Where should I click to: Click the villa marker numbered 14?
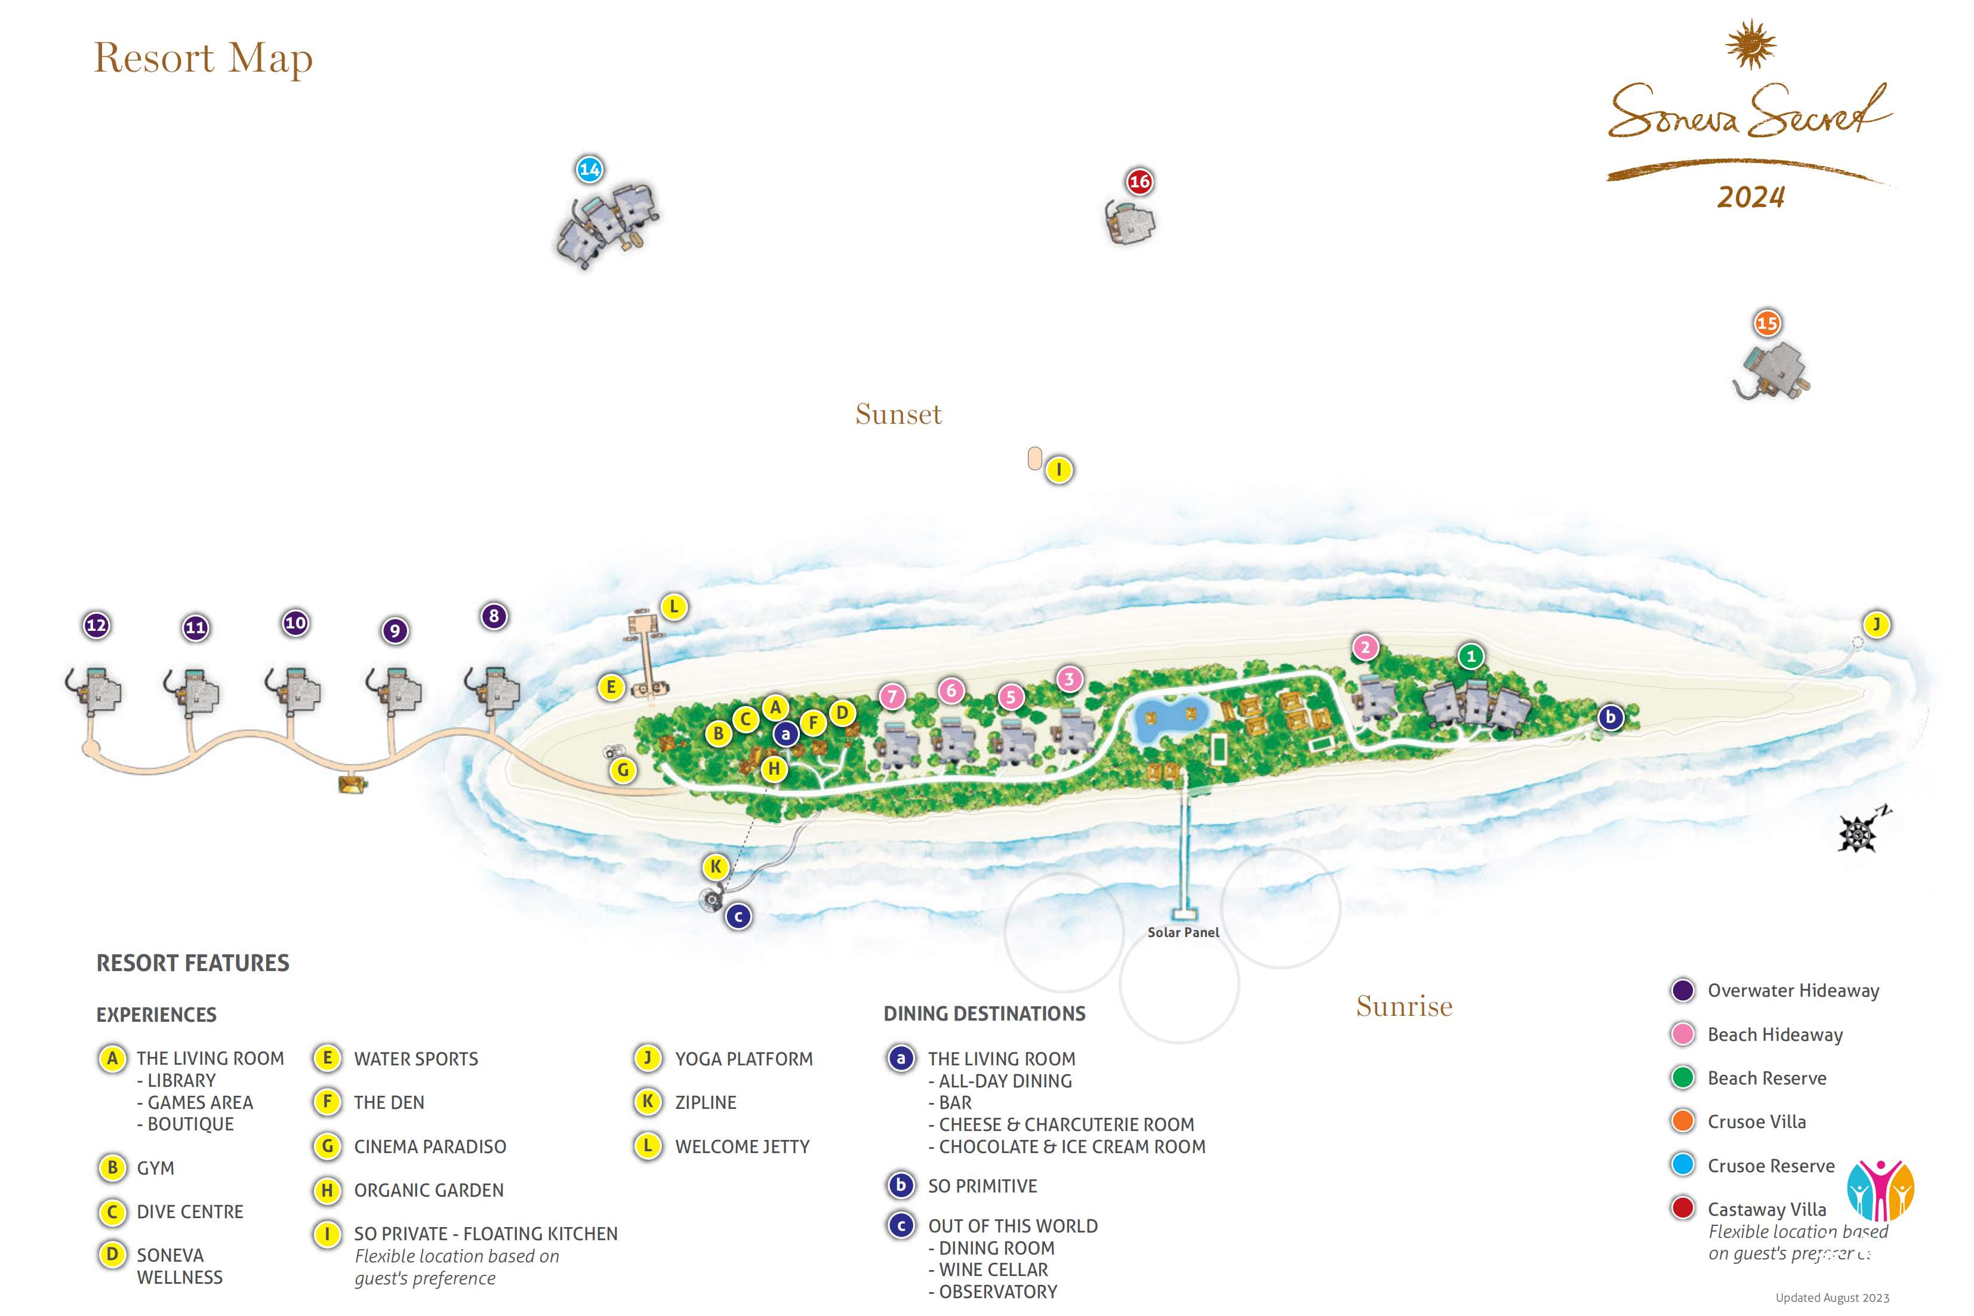pyautogui.click(x=589, y=169)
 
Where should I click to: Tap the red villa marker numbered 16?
pyautogui.click(x=1139, y=181)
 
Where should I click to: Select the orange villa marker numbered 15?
pyautogui.click(x=1767, y=323)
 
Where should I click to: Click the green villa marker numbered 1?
pyautogui.click(x=1470, y=657)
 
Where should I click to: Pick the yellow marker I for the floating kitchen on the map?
pyautogui.click(x=1059, y=470)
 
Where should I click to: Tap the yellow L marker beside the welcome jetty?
pyautogui.click(x=673, y=607)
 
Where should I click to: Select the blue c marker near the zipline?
pyautogui.click(x=738, y=917)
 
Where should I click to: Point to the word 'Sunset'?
pyautogui.click(x=898, y=415)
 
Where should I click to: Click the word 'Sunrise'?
pyautogui.click(x=1404, y=1006)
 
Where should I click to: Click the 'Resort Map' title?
pyautogui.click(x=203, y=58)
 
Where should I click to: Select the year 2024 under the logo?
pyautogui.click(x=1751, y=197)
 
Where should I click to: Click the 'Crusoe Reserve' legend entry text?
pyautogui.click(x=1771, y=1166)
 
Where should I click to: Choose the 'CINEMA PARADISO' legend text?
pyautogui.click(x=430, y=1147)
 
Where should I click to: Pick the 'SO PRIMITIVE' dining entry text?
pyautogui.click(x=982, y=1186)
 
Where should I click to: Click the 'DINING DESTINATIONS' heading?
pyautogui.click(x=984, y=1014)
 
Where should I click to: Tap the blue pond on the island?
pyautogui.click(x=1171, y=720)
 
